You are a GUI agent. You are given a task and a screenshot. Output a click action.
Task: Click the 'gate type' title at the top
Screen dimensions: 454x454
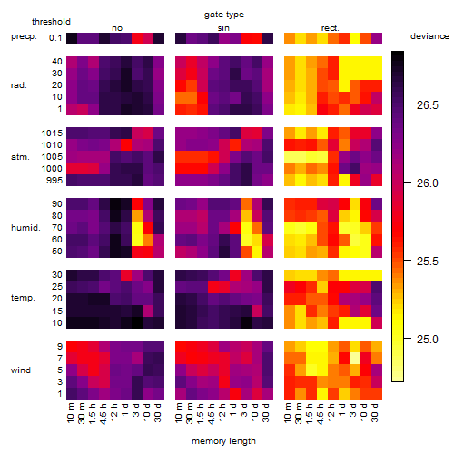coord(224,15)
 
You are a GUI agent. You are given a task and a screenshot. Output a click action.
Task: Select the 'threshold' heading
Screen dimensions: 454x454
coord(51,22)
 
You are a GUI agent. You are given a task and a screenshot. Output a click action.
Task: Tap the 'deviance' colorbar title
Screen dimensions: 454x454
coord(429,36)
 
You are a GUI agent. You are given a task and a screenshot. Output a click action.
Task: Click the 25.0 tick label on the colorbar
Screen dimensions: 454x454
coord(427,340)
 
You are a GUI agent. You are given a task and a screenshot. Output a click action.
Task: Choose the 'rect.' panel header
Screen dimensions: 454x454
coord(330,28)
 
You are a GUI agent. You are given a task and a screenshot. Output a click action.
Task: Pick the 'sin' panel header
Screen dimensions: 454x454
coord(223,28)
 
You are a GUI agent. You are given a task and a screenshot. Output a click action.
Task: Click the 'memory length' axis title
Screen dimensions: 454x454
coord(223,441)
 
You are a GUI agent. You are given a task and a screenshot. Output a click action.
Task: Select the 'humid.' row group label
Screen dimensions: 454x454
coord(25,228)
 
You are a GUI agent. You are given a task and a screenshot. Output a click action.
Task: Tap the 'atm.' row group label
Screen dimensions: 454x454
coord(20,157)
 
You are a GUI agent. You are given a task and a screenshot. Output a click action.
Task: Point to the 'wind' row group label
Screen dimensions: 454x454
coord(21,370)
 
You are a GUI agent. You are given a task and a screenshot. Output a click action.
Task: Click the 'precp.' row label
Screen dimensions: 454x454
coord(24,37)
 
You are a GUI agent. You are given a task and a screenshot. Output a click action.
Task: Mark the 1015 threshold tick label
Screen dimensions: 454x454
coord(52,133)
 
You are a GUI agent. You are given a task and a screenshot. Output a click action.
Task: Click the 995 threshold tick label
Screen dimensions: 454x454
coord(54,181)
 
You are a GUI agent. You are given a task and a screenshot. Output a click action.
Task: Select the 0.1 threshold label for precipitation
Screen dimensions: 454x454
coord(55,38)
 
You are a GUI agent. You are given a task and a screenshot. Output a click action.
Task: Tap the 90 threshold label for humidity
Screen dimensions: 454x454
coord(56,204)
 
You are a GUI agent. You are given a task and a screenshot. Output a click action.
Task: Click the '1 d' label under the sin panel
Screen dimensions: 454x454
coord(232,410)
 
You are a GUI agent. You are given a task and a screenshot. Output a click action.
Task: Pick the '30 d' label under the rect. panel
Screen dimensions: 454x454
coord(374,412)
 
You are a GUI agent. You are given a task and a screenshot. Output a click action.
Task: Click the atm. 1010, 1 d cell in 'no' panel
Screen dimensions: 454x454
coord(126,145)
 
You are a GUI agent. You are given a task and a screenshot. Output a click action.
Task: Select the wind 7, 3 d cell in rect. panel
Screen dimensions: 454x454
coord(355,359)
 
